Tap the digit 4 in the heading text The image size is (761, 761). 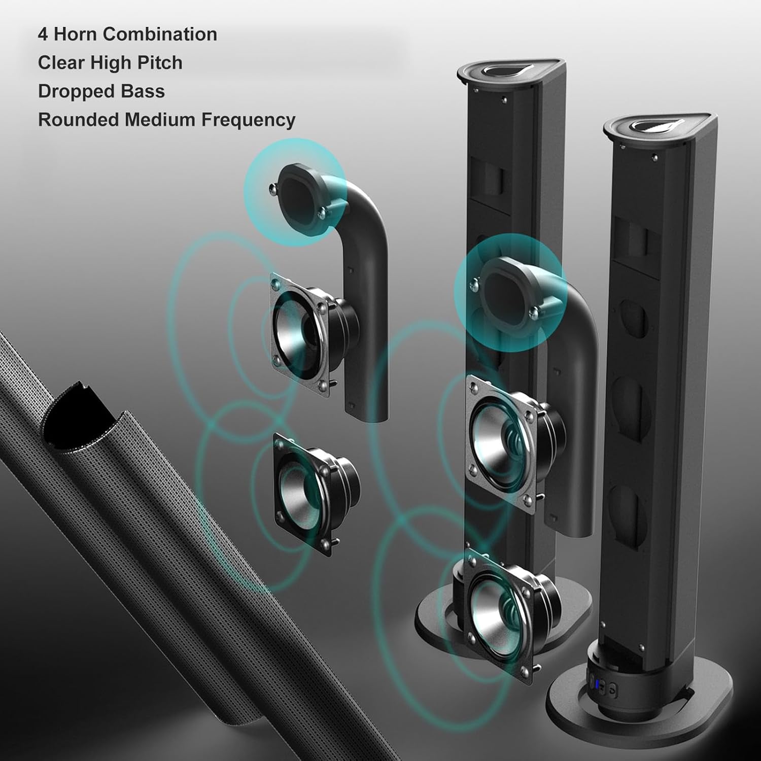click(x=43, y=34)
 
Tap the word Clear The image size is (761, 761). click(x=61, y=63)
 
